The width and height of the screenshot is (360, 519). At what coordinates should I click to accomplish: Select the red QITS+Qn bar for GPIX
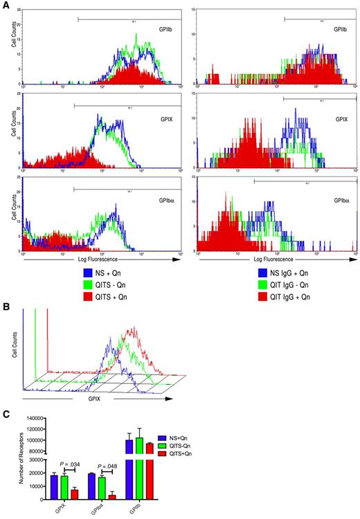[73, 494]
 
